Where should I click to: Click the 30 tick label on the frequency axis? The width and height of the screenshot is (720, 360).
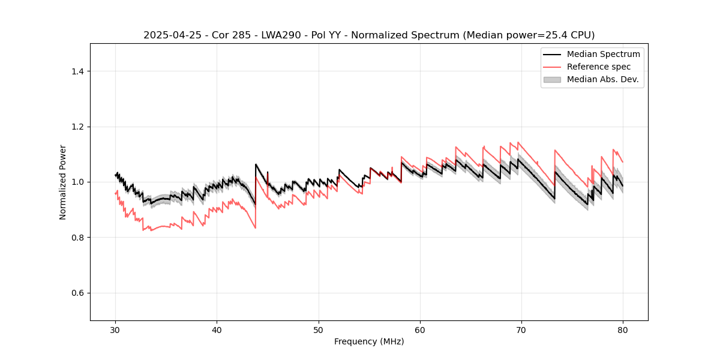pos(115,330)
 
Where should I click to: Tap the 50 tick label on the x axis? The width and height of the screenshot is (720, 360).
pos(319,330)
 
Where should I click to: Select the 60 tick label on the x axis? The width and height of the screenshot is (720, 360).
pos(420,330)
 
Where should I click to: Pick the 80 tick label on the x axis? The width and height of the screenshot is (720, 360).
pos(623,330)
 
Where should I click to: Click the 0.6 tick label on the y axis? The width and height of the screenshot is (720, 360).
pos(79,293)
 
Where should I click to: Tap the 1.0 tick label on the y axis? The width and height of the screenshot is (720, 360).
pos(79,182)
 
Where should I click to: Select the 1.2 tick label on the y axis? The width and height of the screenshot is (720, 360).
pos(79,127)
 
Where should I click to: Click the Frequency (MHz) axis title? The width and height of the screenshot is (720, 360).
pos(369,341)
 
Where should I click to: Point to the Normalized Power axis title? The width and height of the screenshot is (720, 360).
pos(63,182)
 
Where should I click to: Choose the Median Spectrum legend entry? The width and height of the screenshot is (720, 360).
pos(603,54)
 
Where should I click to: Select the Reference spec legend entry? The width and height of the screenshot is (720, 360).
pos(599,67)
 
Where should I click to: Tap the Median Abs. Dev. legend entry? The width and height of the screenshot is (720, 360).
pos(602,79)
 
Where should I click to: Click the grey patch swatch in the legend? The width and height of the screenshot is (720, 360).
pos(552,79)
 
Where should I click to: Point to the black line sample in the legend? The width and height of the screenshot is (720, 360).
pos(552,54)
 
